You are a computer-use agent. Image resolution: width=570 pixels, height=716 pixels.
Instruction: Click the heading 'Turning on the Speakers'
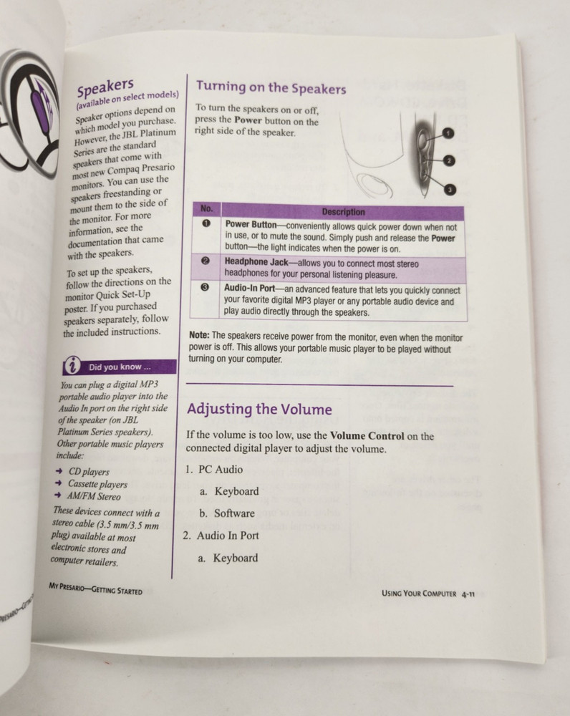pos(271,88)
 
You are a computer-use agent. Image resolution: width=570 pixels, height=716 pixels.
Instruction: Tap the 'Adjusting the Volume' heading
pos(259,409)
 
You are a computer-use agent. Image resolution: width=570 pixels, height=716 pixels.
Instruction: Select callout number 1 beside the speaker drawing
pos(448,133)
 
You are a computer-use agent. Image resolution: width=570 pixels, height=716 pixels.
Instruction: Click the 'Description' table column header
pos(343,212)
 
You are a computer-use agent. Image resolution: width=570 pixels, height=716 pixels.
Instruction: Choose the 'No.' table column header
pos(207,209)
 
